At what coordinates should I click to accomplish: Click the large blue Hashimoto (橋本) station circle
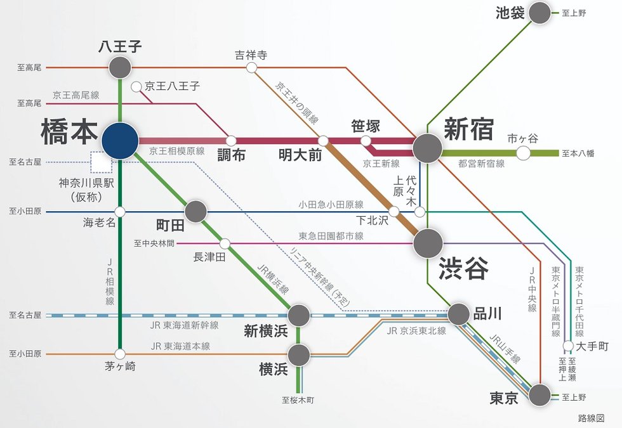[x=120, y=140]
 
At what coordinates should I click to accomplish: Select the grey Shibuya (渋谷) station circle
[x=428, y=243]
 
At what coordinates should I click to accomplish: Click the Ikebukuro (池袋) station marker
[x=540, y=13]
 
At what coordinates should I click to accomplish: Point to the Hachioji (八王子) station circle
[x=120, y=67]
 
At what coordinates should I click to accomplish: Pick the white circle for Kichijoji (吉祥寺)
[x=251, y=67]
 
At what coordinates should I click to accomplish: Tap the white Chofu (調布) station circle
[x=231, y=140]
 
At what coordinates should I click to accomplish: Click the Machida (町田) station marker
[x=195, y=211]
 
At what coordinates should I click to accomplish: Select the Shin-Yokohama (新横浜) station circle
[x=299, y=315]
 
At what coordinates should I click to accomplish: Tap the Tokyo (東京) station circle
[x=540, y=395]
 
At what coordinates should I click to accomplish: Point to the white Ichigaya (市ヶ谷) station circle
[x=523, y=153]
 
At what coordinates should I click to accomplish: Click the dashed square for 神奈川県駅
[x=101, y=162]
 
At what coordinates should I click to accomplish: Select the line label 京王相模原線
[x=176, y=152]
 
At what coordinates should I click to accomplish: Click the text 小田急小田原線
[x=331, y=204]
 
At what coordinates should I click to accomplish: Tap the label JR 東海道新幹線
[x=185, y=325]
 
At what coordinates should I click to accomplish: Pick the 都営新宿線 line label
[x=481, y=164]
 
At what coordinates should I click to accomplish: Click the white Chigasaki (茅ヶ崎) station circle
[x=120, y=354]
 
